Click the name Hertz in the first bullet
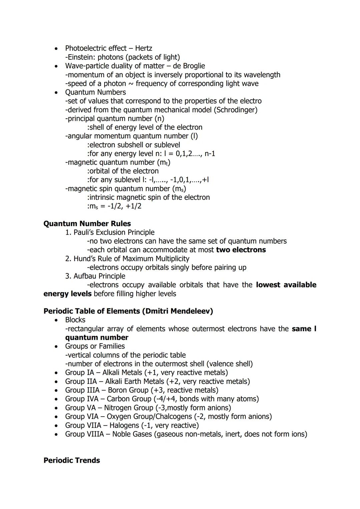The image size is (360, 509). coord(143,48)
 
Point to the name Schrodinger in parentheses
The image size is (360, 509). coord(236,110)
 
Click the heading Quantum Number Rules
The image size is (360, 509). coord(87,224)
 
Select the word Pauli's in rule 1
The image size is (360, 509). coord(83,232)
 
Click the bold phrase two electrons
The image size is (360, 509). coord(241,250)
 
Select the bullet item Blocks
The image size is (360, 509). coord(75,320)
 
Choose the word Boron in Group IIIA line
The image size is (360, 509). coord(118,390)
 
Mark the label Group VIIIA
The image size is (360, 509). coord(84,434)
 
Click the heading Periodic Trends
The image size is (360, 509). coord(72,460)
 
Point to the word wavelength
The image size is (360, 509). coord(260,75)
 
